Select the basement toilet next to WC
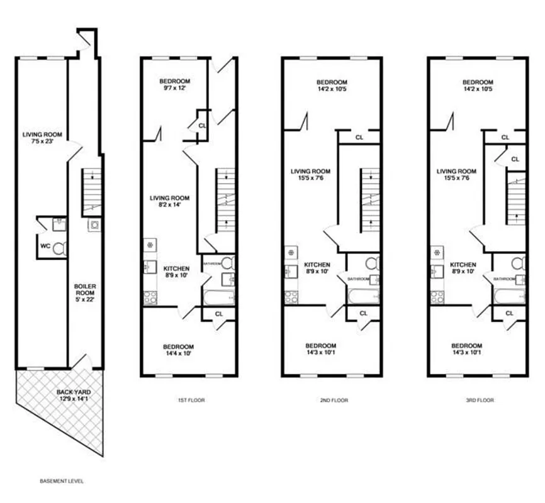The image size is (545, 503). (59, 248)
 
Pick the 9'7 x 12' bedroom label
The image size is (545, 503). (174, 85)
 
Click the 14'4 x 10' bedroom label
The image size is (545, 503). (179, 350)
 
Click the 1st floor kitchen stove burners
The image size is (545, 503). (150, 297)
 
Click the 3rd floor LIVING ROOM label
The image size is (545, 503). (456, 175)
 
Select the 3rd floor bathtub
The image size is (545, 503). (508, 296)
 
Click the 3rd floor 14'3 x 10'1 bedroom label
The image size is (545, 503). (467, 350)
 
